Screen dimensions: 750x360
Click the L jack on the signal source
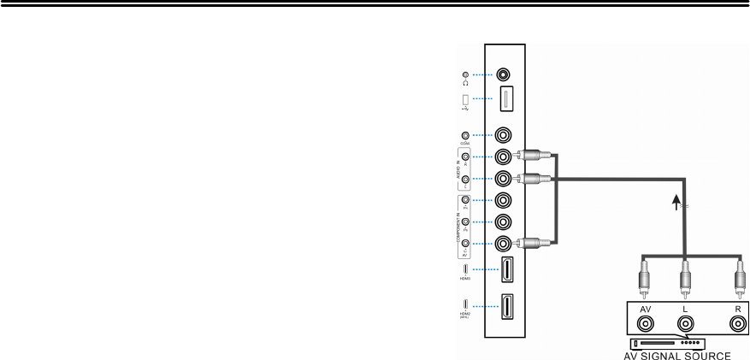(685, 324)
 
